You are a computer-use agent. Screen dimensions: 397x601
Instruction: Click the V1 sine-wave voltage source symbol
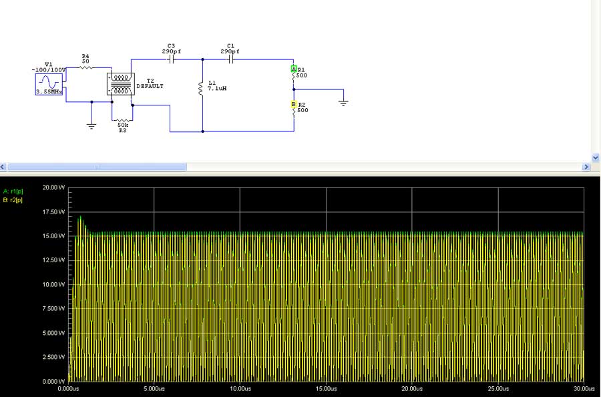click(49, 84)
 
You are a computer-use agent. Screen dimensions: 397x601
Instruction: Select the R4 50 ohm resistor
click(85, 67)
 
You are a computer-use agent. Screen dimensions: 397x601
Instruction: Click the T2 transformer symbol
click(121, 84)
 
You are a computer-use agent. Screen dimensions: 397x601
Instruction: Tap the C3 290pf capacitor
click(171, 59)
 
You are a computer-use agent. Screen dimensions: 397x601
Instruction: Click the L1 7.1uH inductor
click(202, 88)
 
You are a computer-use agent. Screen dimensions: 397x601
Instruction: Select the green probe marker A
click(293, 69)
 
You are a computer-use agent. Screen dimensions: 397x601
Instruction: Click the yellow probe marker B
click(293, 105)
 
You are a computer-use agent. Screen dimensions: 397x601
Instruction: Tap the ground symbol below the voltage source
click(91, 125)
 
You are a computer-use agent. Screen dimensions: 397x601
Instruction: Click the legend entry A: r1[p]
click(13, 191)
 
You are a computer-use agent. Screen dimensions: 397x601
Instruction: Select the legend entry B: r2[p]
click(13, 200)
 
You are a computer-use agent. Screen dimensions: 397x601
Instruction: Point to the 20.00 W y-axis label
click(53, 187)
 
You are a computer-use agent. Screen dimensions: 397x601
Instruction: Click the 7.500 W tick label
click(53, 309)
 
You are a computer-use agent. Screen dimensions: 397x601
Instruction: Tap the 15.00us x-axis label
click(326, 388)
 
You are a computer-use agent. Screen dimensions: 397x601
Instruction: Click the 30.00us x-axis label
click(583, 388)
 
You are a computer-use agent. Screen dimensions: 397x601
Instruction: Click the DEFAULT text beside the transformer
click(150, 86)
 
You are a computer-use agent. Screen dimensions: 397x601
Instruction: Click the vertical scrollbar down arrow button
click(596, 157)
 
